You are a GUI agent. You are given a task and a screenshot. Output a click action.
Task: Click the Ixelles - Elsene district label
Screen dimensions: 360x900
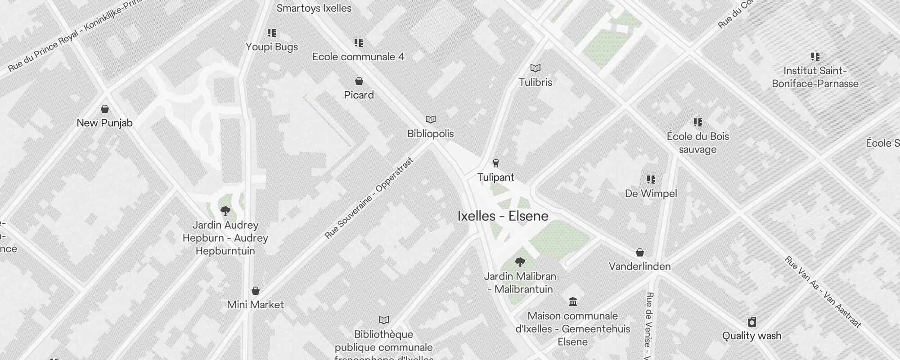click(x=503, y=216)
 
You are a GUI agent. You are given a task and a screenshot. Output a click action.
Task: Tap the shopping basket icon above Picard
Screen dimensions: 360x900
click(x=359, y=81)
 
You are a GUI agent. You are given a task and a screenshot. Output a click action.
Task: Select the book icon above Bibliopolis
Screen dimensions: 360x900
click(x=431, y=119)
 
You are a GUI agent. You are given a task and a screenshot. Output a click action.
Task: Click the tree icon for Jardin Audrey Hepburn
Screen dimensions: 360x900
click(x=225, y=211)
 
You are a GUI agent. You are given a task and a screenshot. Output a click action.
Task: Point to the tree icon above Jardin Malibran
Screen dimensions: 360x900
click(x=520, y=262)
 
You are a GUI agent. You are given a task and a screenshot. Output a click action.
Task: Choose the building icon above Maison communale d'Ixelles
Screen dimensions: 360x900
click(x=573, y=301)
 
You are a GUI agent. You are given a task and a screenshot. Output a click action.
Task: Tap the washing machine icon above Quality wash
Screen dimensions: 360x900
click(x=751, y=322)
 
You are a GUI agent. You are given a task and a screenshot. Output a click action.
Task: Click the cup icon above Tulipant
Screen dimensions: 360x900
click(x=496, y=163)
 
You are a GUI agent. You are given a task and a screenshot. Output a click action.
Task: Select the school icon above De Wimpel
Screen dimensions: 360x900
click(x=651, y=180)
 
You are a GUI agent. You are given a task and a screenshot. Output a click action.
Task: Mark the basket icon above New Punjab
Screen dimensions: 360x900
click(x=105, y=109)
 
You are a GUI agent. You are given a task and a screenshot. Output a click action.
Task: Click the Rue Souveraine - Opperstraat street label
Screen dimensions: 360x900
click(x=369, y=198)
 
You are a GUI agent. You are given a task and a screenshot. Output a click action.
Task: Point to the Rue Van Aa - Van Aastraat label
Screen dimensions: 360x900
click(x=823, y=292)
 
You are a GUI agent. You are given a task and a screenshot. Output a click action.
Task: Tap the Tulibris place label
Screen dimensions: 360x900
click(x=535, y=82)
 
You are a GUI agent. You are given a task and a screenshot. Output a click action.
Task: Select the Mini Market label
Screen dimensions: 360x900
click(x=255, y=305)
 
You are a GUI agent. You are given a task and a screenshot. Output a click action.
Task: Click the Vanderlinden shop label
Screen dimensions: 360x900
click(x=639, y=266)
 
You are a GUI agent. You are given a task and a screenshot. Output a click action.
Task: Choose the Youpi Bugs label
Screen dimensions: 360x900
click(x=272, y=47)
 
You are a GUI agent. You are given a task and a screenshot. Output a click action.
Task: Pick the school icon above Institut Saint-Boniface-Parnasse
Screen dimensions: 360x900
click(x=815, y=57)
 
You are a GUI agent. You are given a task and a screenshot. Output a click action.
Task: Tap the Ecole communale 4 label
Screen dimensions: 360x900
click(x=358, y=57)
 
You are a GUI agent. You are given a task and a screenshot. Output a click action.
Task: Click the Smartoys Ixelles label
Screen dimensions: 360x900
click(x=314, y=8)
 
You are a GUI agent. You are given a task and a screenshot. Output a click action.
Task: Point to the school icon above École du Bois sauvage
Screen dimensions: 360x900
click(x=698, y=122)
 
